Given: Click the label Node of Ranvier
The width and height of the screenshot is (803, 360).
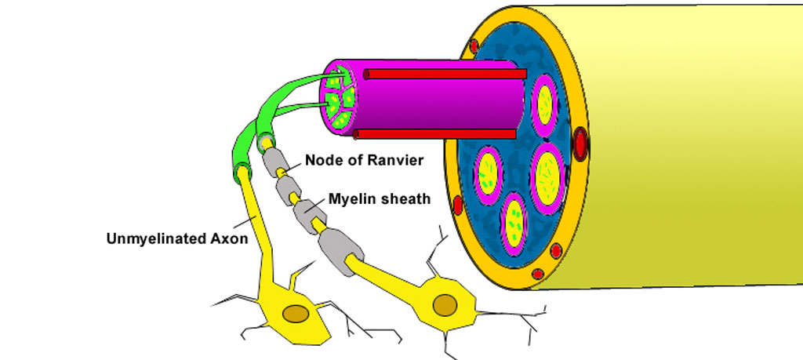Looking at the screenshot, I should (364, 160).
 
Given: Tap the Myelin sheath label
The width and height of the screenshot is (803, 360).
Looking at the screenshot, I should (380, 199).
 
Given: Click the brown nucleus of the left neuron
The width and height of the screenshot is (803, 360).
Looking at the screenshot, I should (296, 314).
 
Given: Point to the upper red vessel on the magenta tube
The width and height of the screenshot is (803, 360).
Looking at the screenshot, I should (443, 74).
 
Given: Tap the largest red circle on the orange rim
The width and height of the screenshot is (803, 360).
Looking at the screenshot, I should (581, 144).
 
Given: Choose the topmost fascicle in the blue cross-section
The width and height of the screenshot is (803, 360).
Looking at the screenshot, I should (544, 104).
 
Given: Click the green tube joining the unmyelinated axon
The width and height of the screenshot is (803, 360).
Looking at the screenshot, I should (238, 149).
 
